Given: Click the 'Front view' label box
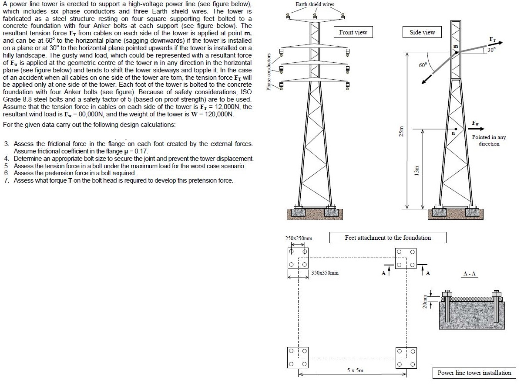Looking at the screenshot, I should coord(353,32).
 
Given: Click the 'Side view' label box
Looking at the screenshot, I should coord(422,32).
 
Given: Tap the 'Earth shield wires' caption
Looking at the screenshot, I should coord(315,4).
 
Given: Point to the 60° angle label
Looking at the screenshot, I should coord(423,65).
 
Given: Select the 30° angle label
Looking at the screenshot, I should coord(491,50).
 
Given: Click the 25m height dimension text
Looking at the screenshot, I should coord(402,131).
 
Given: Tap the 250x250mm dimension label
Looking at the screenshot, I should coord(299,238).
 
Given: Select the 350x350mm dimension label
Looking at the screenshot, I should coord(325,273).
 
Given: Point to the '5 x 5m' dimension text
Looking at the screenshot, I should coord(356,370).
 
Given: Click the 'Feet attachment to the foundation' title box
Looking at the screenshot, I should coord(388,238).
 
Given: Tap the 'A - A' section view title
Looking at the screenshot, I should coord(470,274).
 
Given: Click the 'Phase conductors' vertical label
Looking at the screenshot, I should coord(269,72).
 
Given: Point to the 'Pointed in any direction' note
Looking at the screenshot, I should coord(489,140).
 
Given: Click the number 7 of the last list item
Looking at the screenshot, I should coord(7,180).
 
